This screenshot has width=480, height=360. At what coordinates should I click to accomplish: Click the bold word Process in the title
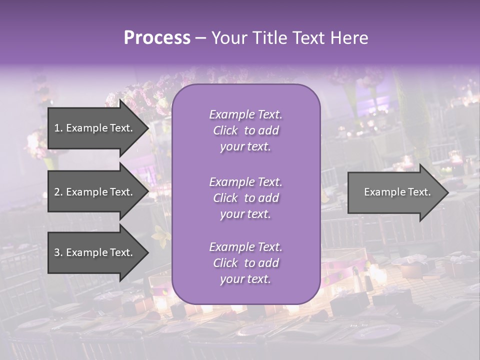tap(157, 38)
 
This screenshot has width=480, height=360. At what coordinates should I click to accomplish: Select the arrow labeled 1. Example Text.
tap(95, 128)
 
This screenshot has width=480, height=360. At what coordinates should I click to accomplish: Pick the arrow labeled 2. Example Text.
tap(95, 192)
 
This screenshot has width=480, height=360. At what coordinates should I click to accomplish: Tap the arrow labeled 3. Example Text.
tap(95, 252)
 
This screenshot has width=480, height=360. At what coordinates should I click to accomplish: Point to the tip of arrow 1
tap(147, 128)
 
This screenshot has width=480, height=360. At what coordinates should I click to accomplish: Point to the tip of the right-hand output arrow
tap(447, 192)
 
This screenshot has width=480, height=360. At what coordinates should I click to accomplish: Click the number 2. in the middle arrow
tap(58, 192)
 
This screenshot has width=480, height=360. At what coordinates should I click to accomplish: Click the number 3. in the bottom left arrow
tap(58, 252)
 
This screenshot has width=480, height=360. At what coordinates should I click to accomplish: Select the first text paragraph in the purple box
tap(245, 130)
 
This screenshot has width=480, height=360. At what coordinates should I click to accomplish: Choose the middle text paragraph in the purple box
tap(245, 198)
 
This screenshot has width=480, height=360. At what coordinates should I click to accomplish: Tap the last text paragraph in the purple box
tap(245, 263)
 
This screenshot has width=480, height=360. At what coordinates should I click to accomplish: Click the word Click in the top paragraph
tap(225, 130)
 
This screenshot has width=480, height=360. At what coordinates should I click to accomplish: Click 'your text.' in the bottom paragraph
tap(245, 279)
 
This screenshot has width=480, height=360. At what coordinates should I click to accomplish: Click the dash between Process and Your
tap(200, 38)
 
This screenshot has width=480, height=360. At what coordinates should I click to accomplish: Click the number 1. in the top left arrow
tap(58, 128)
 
